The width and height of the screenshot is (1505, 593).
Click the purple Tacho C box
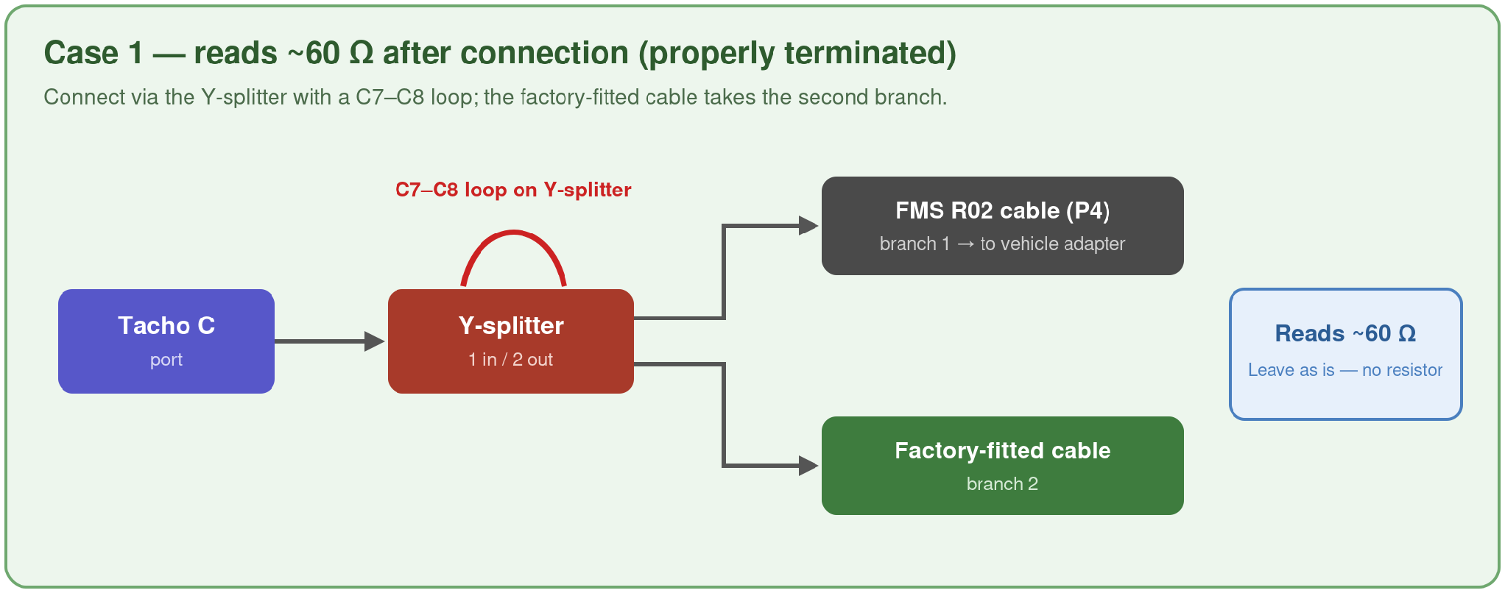tap(166, 341)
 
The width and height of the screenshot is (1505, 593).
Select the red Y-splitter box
tap(511, 341)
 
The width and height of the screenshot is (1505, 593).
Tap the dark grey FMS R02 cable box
tap(1003, 226)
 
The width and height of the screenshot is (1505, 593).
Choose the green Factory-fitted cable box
tap(1003, 466)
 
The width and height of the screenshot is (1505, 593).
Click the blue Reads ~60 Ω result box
tap(1346, 354)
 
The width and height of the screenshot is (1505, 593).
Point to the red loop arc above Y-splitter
tap(513, 232)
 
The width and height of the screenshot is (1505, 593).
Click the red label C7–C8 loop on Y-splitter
tap(513, 190)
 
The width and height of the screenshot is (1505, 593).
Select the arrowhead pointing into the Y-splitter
tap(375, 341)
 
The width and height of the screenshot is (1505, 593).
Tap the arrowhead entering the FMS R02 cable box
tap(809, 226)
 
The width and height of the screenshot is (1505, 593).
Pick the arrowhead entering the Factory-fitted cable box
tap(809, 466)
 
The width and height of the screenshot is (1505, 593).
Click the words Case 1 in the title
tap(94, 53)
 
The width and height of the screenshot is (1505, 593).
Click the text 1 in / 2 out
tap(510, 360)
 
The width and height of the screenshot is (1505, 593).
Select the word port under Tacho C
tap(166, 361)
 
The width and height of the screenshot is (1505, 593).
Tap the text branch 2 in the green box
tap(1002, 483)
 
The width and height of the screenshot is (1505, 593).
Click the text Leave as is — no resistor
tap(1345, 370)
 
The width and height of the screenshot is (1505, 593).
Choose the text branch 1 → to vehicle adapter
tap(1002, 244)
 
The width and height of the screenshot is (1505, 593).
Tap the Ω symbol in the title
tap(362, 53)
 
